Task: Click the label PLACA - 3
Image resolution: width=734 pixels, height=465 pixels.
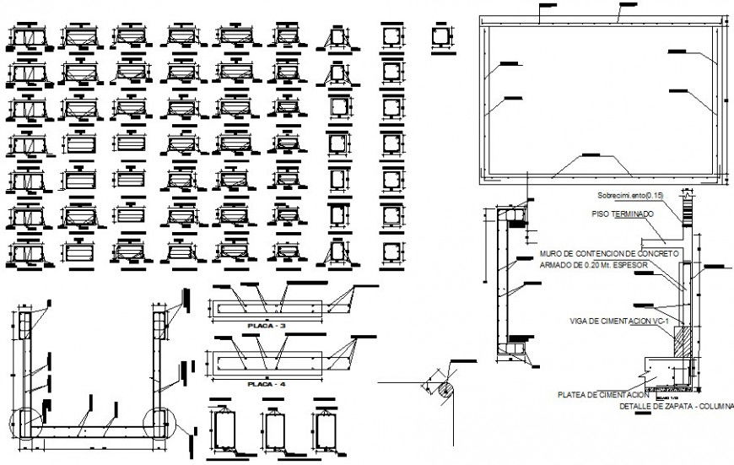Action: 266,325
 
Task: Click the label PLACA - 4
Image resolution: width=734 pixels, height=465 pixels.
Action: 266,384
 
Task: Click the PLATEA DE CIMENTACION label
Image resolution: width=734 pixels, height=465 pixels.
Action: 603,394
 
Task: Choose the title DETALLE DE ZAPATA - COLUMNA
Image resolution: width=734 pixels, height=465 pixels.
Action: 677,406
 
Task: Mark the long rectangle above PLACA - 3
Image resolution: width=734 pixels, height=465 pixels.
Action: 267,308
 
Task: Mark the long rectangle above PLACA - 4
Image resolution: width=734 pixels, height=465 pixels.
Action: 267,363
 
